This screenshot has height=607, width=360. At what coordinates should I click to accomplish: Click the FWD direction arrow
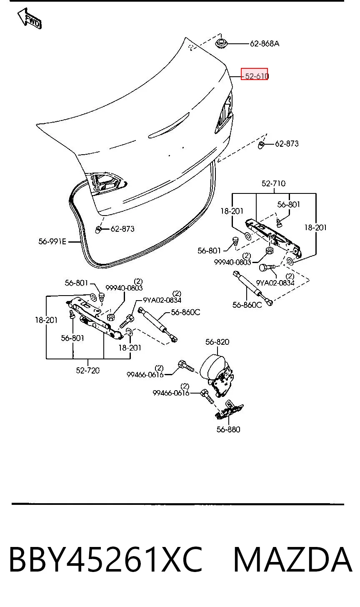[29, 18]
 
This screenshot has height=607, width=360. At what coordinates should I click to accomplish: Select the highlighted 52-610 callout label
[254, 74]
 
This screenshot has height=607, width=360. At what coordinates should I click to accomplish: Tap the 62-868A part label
[265, 44]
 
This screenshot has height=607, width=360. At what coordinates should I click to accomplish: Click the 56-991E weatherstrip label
[52, 241]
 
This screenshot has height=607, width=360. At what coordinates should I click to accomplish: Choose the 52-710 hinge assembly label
[273, 183]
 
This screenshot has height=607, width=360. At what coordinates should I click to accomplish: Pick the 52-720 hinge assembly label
[88, 370]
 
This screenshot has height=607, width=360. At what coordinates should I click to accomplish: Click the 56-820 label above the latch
[217, 342]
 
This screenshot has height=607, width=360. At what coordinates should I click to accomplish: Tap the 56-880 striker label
[228, 429]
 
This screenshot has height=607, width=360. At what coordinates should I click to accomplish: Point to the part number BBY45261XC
[106, 559]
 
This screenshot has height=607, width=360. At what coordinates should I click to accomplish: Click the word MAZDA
[292, 559]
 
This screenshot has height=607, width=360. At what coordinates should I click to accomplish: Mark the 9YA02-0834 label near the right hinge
[275, 283]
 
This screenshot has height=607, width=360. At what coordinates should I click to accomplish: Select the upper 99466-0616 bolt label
[145, 375]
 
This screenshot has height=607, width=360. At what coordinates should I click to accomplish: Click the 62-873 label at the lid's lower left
[122, 229]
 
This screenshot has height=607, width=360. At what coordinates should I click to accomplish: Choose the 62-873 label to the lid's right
[287, 143]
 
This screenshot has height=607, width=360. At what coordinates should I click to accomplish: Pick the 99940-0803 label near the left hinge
[124, 288]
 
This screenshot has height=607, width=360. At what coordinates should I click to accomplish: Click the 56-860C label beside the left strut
[185, 312]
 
